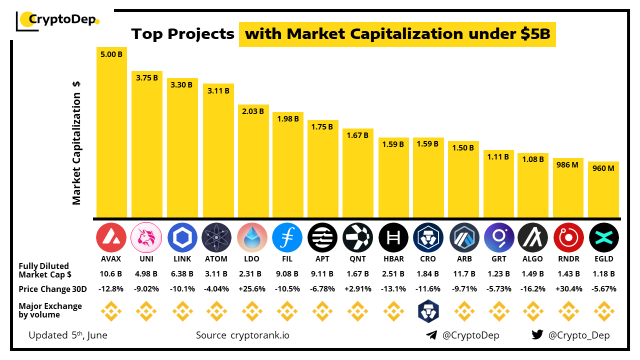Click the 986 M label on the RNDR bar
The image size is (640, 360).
568,164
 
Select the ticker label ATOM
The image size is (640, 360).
216,259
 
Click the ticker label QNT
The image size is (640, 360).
358,259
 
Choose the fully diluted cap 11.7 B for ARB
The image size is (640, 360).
463,274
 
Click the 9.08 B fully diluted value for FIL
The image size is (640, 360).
287,274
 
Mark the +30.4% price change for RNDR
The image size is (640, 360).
569,289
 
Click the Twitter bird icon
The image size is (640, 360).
537,335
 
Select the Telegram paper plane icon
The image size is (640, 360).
431,335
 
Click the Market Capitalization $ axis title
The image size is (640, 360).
76,142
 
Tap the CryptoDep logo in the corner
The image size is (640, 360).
57,20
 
